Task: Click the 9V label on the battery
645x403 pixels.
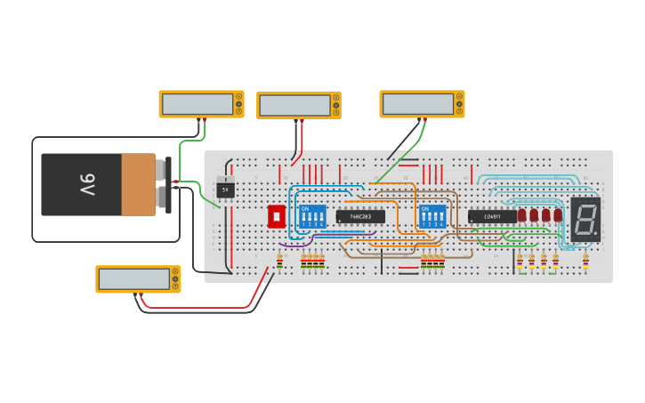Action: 86,184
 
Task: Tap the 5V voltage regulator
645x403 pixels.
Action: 225,189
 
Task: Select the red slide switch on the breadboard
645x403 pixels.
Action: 276,216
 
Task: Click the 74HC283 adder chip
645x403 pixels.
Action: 360,216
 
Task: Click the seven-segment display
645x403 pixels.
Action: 585,219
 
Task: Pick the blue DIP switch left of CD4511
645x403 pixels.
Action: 432,216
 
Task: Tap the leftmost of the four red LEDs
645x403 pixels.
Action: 522,214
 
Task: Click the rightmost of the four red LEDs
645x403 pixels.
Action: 558,214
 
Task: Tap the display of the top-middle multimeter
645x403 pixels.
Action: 293,105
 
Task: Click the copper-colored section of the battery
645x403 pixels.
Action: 138,184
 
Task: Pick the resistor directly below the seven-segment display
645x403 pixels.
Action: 585,260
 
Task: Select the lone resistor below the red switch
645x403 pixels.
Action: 280,261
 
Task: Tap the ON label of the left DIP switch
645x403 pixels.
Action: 305,208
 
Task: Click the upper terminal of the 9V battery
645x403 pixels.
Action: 165,167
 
